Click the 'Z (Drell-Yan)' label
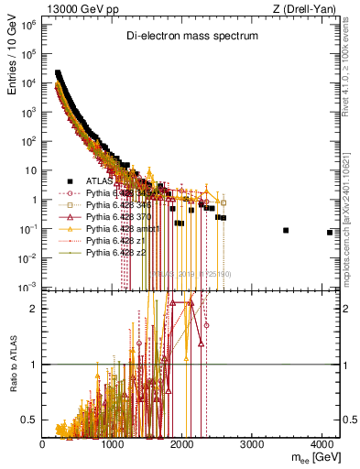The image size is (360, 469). coord(310,8)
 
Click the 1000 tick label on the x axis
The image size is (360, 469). coord(113,444)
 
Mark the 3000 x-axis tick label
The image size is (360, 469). coord(254,444)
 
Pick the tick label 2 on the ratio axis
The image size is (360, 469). coord(34,309)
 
